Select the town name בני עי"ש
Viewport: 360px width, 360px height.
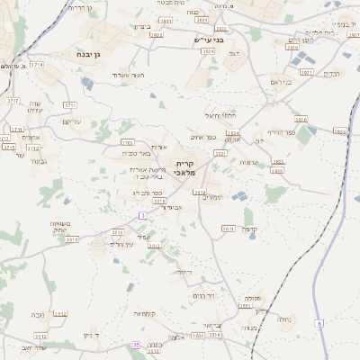click(x=208, y=40)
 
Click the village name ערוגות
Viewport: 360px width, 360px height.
click(x=249, y=162)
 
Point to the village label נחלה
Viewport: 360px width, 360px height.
click(x=283, y=318)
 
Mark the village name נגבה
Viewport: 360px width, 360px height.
click(x=38, y=314)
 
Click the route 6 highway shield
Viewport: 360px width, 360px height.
click(x=319, y=323)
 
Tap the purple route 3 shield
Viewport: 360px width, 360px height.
click(x=141, y=215)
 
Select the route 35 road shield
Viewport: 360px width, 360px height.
click(x=136, y=345)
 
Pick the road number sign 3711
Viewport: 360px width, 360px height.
click(x=69, y=105)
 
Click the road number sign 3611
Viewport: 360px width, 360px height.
click(x=228, y=229)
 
